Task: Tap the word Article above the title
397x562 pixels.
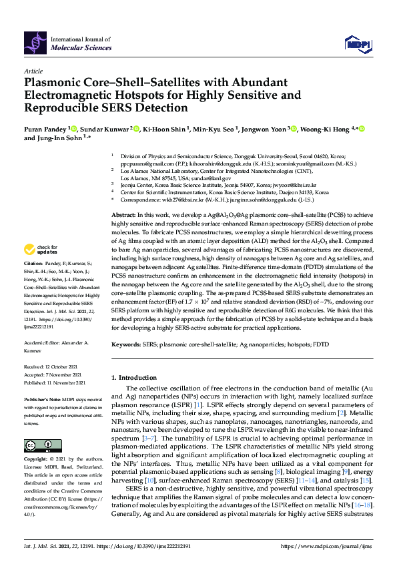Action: click(x=33, y=70)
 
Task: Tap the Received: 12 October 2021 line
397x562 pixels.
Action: click(x=52, y=367)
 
